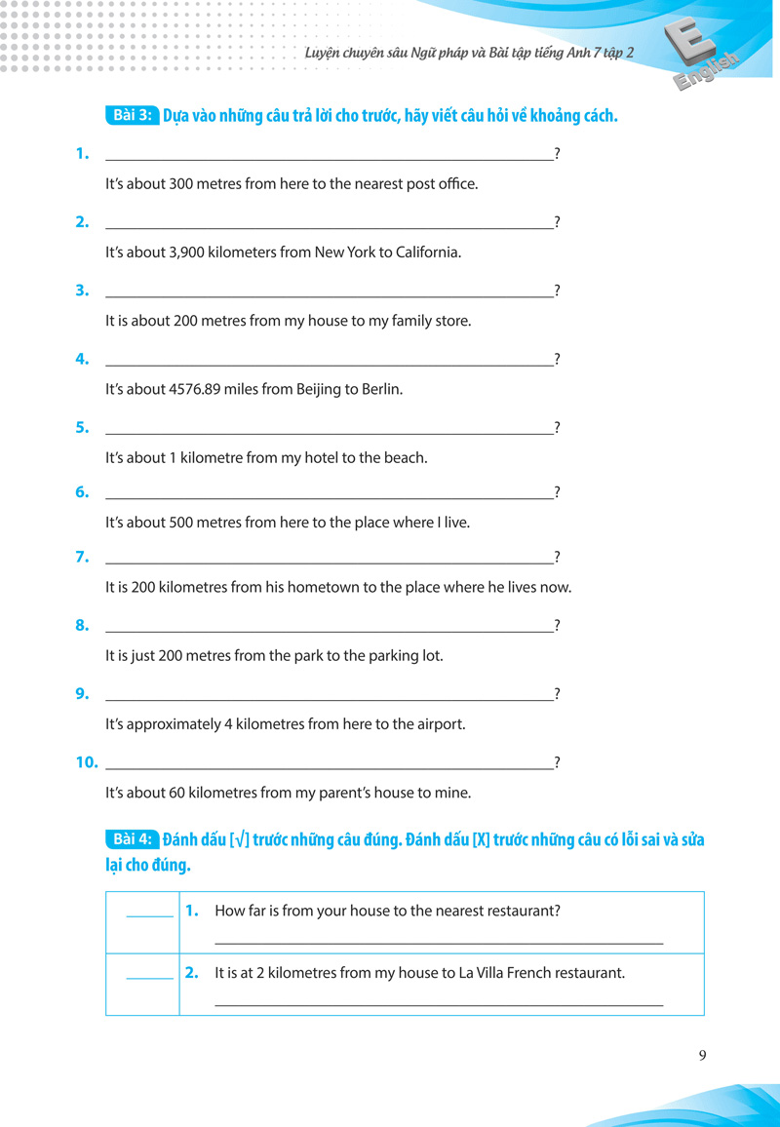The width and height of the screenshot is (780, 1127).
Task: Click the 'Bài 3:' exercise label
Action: pyautogui.click(x=130, y=115)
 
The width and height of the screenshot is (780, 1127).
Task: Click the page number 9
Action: pyautogui.click(x=703, y=1055)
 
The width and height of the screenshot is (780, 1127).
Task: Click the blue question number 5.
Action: pyautogui.click(x=82, y=427)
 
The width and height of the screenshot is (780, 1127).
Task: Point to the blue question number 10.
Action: pyautogui.click(x=87, y=762)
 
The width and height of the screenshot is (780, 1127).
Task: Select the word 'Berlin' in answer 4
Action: pyautogui.click(x=380, y=389)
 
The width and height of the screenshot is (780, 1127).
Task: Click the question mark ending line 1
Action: pyautogui.click(x=557, y=154)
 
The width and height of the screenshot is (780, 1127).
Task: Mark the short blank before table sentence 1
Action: pyautogui.click(x=149, y=913)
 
